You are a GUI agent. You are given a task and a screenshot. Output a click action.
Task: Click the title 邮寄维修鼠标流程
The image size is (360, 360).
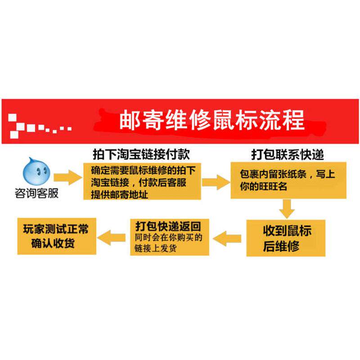(211, 120)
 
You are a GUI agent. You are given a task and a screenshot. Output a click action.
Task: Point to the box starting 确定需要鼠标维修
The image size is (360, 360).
(141, 181)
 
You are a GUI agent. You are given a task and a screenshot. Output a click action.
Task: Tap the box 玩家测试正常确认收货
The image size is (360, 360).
(56, 236)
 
